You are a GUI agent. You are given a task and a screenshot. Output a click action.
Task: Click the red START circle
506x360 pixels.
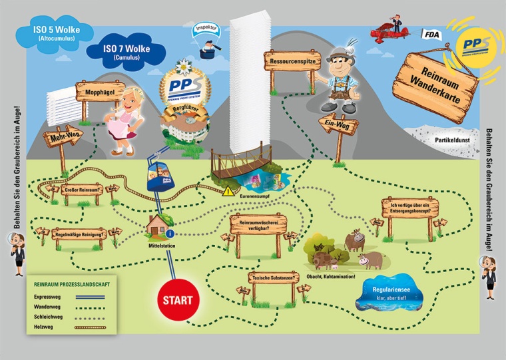pyautogui.click(x=179, y=300)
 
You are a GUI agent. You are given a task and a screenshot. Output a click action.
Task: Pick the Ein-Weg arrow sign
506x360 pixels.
pyautogui.click(x=338, y=124)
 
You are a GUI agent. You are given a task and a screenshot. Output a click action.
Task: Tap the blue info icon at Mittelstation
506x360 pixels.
pyautogui.click(x=171, y=234)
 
